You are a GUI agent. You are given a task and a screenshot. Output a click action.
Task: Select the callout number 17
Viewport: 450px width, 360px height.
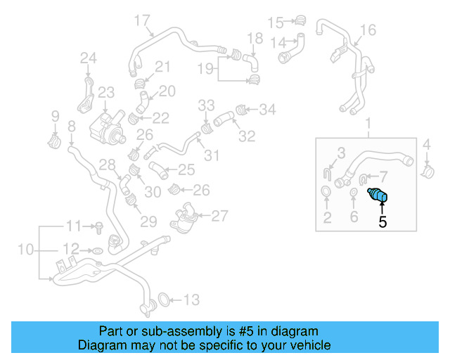click(x=142, y=20)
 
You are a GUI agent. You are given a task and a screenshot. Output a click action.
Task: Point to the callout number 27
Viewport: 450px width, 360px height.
click(x=220, y=216)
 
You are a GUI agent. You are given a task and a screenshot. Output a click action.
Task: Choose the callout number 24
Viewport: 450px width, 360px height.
click(x=88, y=58)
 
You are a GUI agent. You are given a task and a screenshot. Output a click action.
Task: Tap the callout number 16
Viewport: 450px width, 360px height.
click(x=368, y=30)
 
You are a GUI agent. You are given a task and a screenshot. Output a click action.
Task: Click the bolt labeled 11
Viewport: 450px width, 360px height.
click(x=98, y=226)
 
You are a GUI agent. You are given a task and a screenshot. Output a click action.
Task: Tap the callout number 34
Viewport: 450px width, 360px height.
click(x=268, y=109)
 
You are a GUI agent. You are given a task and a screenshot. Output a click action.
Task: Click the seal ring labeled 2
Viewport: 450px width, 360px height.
click(x=327, y=193)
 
